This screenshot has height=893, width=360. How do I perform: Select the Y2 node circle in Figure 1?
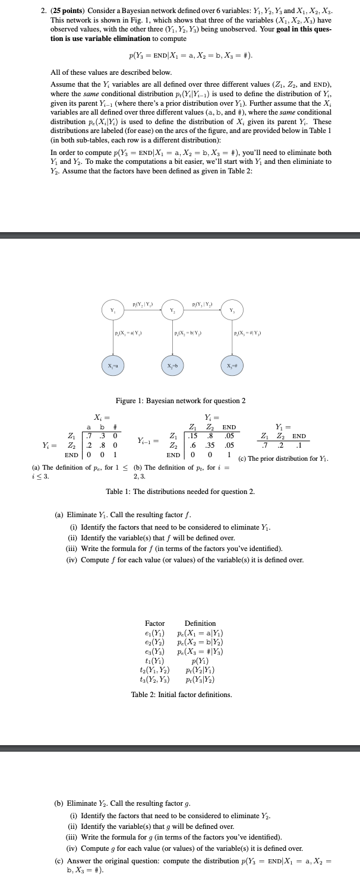click(172, 310)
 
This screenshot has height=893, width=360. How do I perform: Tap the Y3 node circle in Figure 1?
click(232, 310)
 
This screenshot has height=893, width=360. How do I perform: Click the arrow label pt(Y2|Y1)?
click(142, 305)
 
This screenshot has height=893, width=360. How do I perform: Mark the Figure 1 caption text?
click(180, 401)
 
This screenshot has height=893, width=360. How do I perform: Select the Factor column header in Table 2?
click(155, 623)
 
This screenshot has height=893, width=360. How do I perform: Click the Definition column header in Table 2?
click(200, 623)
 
